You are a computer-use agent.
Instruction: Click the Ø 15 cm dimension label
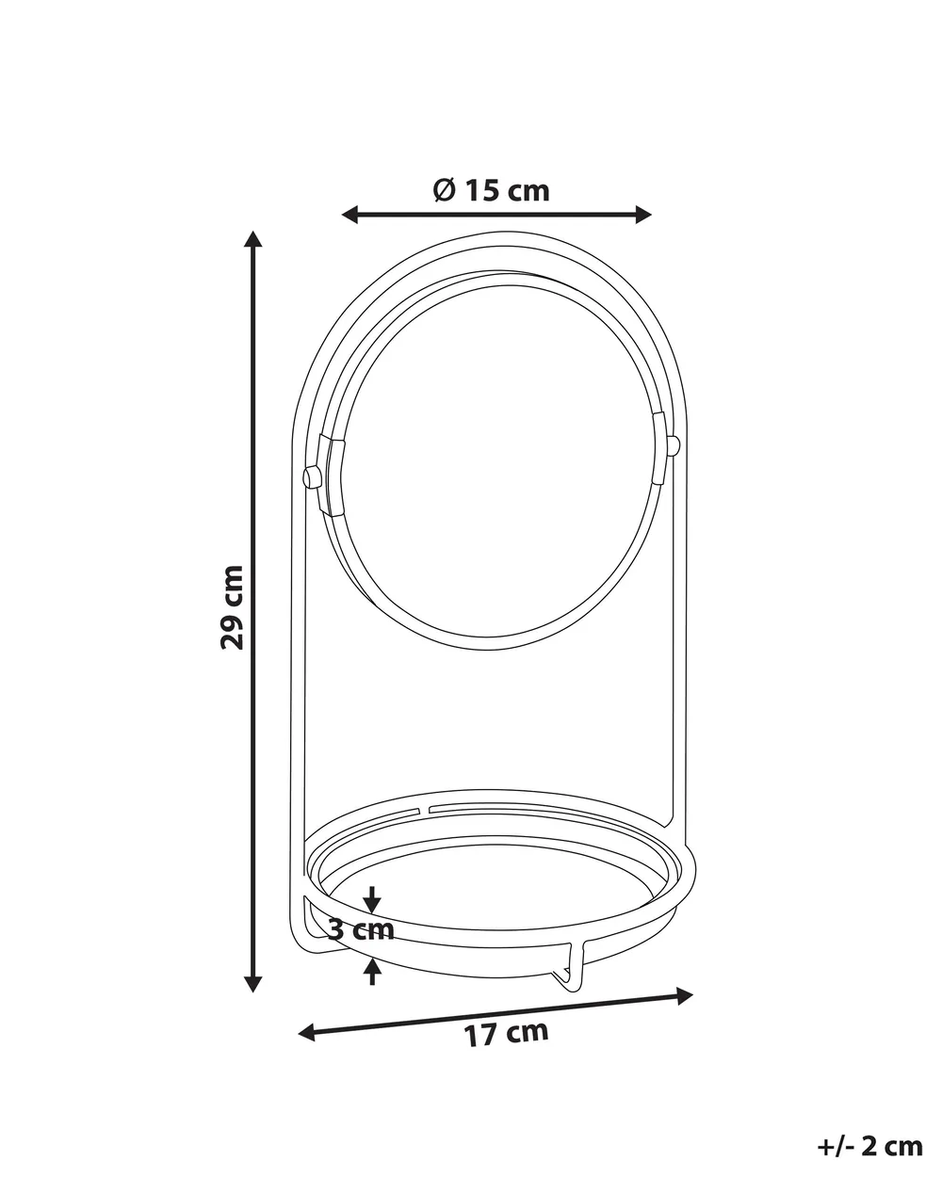[491, 191]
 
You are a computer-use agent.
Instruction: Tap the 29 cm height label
[232, 607]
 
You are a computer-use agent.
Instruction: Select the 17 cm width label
[506, 1033]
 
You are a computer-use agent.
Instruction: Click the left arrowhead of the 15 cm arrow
[350, 215]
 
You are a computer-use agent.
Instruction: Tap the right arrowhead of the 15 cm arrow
[643, 215]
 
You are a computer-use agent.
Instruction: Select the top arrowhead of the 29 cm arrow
[252, 239]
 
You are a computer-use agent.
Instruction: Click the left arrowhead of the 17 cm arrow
[306, 1033]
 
